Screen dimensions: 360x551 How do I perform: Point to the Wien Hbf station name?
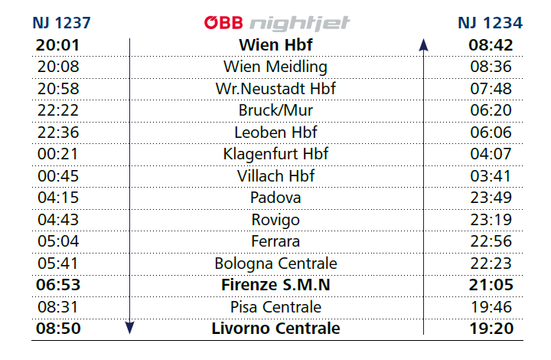275,45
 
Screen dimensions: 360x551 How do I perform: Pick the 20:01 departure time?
58,45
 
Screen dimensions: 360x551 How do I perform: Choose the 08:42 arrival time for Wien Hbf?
491,45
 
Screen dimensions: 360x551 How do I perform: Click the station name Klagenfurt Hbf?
275,154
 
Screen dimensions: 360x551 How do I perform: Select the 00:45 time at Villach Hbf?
58,176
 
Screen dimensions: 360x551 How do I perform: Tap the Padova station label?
275,198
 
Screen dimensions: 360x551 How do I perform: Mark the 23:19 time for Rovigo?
491,220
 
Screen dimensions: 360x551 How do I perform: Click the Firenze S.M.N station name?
275,285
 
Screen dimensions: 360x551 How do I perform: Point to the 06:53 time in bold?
58,285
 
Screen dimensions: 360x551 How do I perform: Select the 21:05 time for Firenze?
491,285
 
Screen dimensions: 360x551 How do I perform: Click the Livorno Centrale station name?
275,329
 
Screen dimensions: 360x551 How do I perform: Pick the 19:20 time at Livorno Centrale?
491,329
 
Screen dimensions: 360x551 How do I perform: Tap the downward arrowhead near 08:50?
130,328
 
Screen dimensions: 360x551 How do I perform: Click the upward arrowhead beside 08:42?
423,45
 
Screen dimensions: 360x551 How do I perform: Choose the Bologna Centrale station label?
275,263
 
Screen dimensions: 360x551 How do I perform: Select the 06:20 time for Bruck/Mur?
491,110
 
